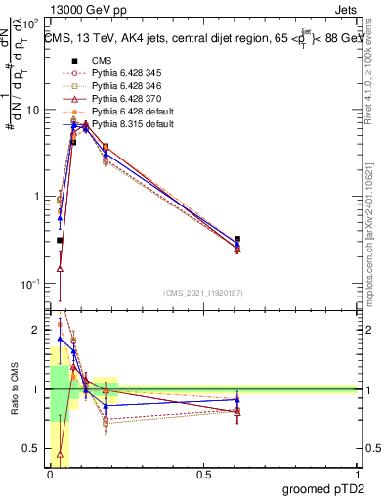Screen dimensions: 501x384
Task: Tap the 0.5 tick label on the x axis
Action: (202, 475)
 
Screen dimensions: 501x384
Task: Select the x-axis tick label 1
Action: (357, 475)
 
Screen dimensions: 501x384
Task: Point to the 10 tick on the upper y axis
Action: (32, 110)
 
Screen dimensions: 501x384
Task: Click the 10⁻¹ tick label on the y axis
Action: (29, 284)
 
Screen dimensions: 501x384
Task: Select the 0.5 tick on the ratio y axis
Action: (32, 449)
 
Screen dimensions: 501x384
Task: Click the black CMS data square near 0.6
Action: (238, 239)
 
